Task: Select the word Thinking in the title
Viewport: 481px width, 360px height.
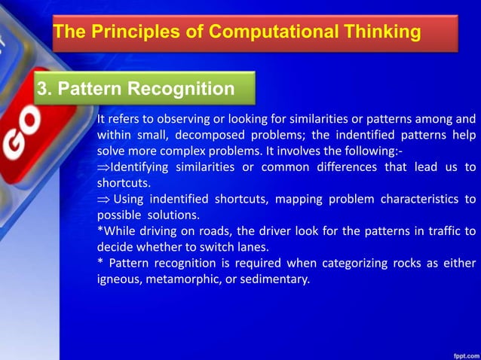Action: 381,32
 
